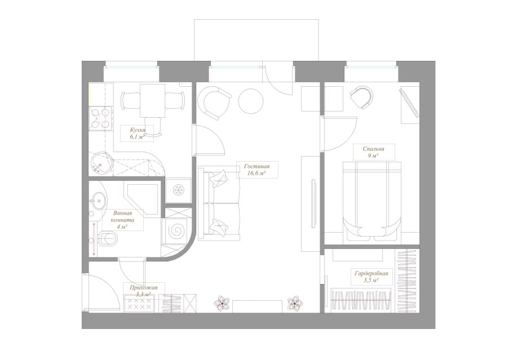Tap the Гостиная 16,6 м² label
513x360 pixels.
point(257,170)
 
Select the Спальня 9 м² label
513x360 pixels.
point(373,152)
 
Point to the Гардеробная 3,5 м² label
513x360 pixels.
point(371,276)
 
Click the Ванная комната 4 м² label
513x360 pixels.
point(122,219)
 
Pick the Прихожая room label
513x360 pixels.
point(143,288)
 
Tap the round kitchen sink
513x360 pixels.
point(101,163)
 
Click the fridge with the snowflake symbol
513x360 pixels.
point(178,190)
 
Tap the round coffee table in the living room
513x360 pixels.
point(251,101)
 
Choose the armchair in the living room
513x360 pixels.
point(215,103)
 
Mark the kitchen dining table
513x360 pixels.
point(152,100)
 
